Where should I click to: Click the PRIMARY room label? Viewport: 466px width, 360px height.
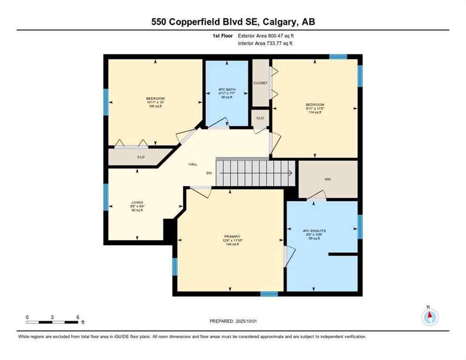tap(232, 236)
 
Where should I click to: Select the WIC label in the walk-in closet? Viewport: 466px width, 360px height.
tap(328, 179)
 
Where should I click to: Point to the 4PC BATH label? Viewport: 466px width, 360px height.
tap(226, 89)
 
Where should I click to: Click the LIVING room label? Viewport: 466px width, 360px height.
tap(137, 202)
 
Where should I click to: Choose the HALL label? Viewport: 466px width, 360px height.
tap(193, 165)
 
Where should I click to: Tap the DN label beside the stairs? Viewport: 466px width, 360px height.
tap(209, 173)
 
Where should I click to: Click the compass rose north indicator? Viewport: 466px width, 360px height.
tap(429, 317)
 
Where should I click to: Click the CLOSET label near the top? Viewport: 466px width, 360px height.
tap(261, 83)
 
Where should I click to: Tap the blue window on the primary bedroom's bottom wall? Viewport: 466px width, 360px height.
tap(269, 294)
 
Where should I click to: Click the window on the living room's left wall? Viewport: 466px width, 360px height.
tap(106, 197)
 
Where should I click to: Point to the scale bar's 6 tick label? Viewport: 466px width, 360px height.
tap(77, 317)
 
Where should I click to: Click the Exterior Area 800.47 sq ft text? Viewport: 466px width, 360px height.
tap(266, 36)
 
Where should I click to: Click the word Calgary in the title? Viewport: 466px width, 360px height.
tap(277, 22)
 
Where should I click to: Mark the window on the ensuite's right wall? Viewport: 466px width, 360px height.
tap(360, 227)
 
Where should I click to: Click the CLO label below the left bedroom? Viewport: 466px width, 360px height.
tap(141, 157)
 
